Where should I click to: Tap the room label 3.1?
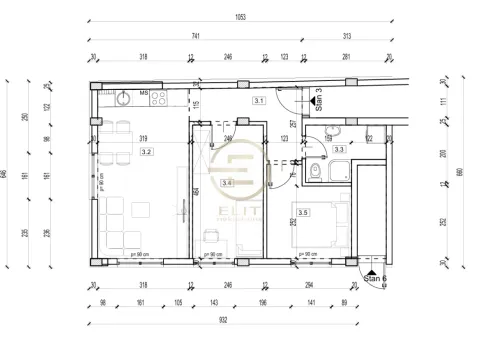(259, 101)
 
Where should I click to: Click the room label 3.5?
(303, 212)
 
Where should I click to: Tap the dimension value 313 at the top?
(347, 36)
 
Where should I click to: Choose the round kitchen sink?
(121, 99)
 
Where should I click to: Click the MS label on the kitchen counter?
(144, 92)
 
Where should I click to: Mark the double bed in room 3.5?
(323, 222)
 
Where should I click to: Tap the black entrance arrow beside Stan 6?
(371, 271)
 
